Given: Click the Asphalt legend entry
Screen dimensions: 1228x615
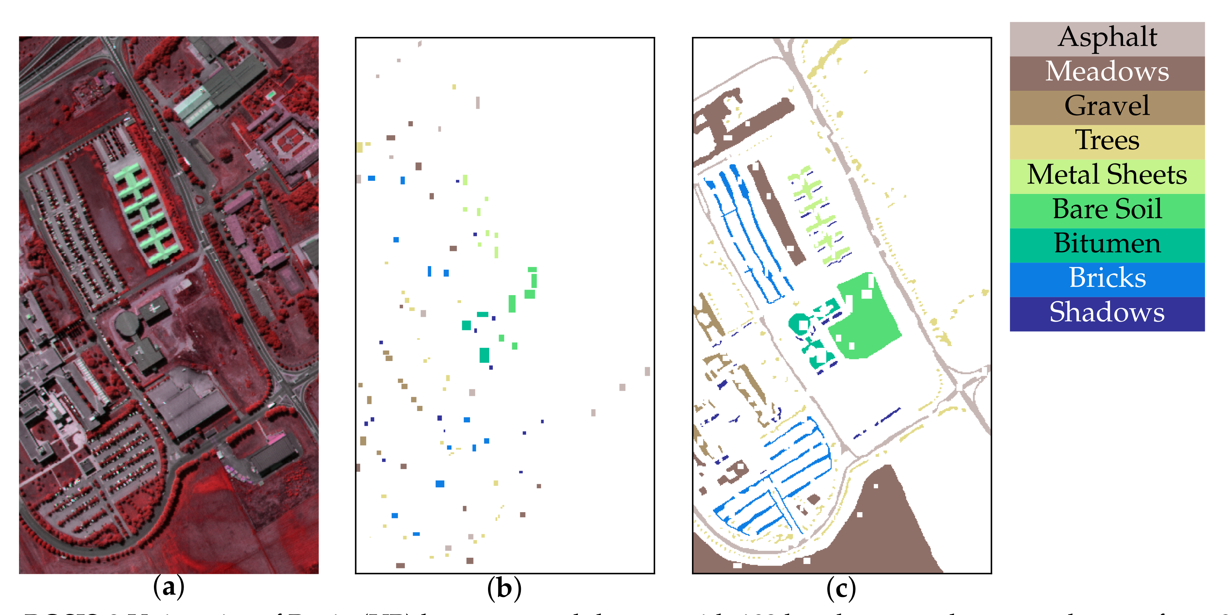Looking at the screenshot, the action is (x=1107, y=38).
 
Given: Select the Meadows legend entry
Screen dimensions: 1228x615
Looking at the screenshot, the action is (x=1107, y=72).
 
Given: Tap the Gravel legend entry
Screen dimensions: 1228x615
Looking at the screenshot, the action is (x=1107, y=107).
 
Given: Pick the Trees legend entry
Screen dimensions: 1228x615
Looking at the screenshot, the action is (x=1107, y=141).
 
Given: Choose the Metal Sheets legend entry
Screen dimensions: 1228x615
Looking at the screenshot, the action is (x=1107, y=175).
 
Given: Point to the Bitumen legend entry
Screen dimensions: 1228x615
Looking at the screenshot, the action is (x=1107, y=244).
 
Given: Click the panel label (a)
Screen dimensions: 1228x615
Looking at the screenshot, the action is (x=169, y=588).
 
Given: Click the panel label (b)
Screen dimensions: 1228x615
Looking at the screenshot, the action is (x=504, y=588).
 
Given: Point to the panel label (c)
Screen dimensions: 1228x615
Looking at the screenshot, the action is (x=841, y=588).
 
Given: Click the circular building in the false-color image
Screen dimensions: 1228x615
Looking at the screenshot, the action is (x=126, y=324).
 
